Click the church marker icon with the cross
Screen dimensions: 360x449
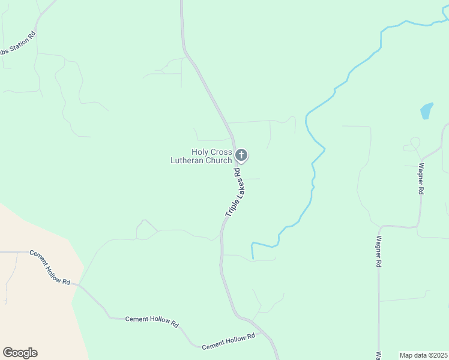(241, 155)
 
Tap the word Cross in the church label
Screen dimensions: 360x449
(221, 152)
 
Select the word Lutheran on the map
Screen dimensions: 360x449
(188, 160)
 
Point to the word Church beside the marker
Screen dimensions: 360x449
(219, 160)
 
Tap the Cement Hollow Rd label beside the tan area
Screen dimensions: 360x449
(50, 268)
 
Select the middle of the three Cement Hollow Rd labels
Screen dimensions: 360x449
(152, 321)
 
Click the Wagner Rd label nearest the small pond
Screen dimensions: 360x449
(421, 179)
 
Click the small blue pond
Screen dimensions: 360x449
(426, 111)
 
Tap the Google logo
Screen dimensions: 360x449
(20, 353)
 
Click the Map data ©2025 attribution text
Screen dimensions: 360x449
(423, 355)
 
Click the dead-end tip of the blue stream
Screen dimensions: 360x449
(253, 258)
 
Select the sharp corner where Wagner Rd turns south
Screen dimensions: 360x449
(379, 227)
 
